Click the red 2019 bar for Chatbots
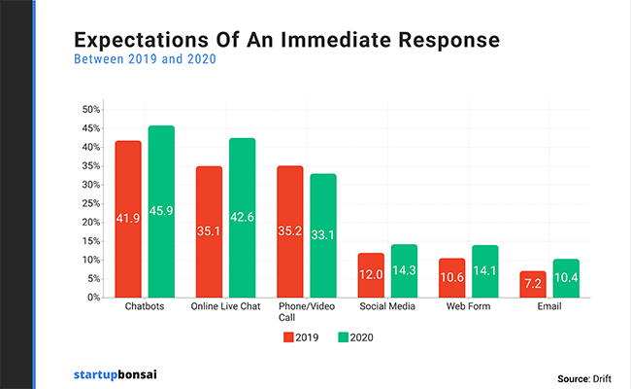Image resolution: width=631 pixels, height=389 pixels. coord(128,219)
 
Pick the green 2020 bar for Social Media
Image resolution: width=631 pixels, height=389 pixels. coord(403,271)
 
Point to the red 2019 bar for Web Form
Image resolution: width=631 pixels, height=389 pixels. coord(451,277)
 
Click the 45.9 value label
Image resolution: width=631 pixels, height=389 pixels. coord(161,211)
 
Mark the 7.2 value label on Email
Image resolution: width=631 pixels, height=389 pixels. coord(533,282)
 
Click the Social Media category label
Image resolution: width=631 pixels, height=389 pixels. coord(387,308)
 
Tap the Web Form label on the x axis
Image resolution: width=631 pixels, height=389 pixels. coord(468,308)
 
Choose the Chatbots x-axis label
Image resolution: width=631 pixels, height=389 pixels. coord(145,308)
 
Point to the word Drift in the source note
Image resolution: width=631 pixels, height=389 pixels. coord(605,377)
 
